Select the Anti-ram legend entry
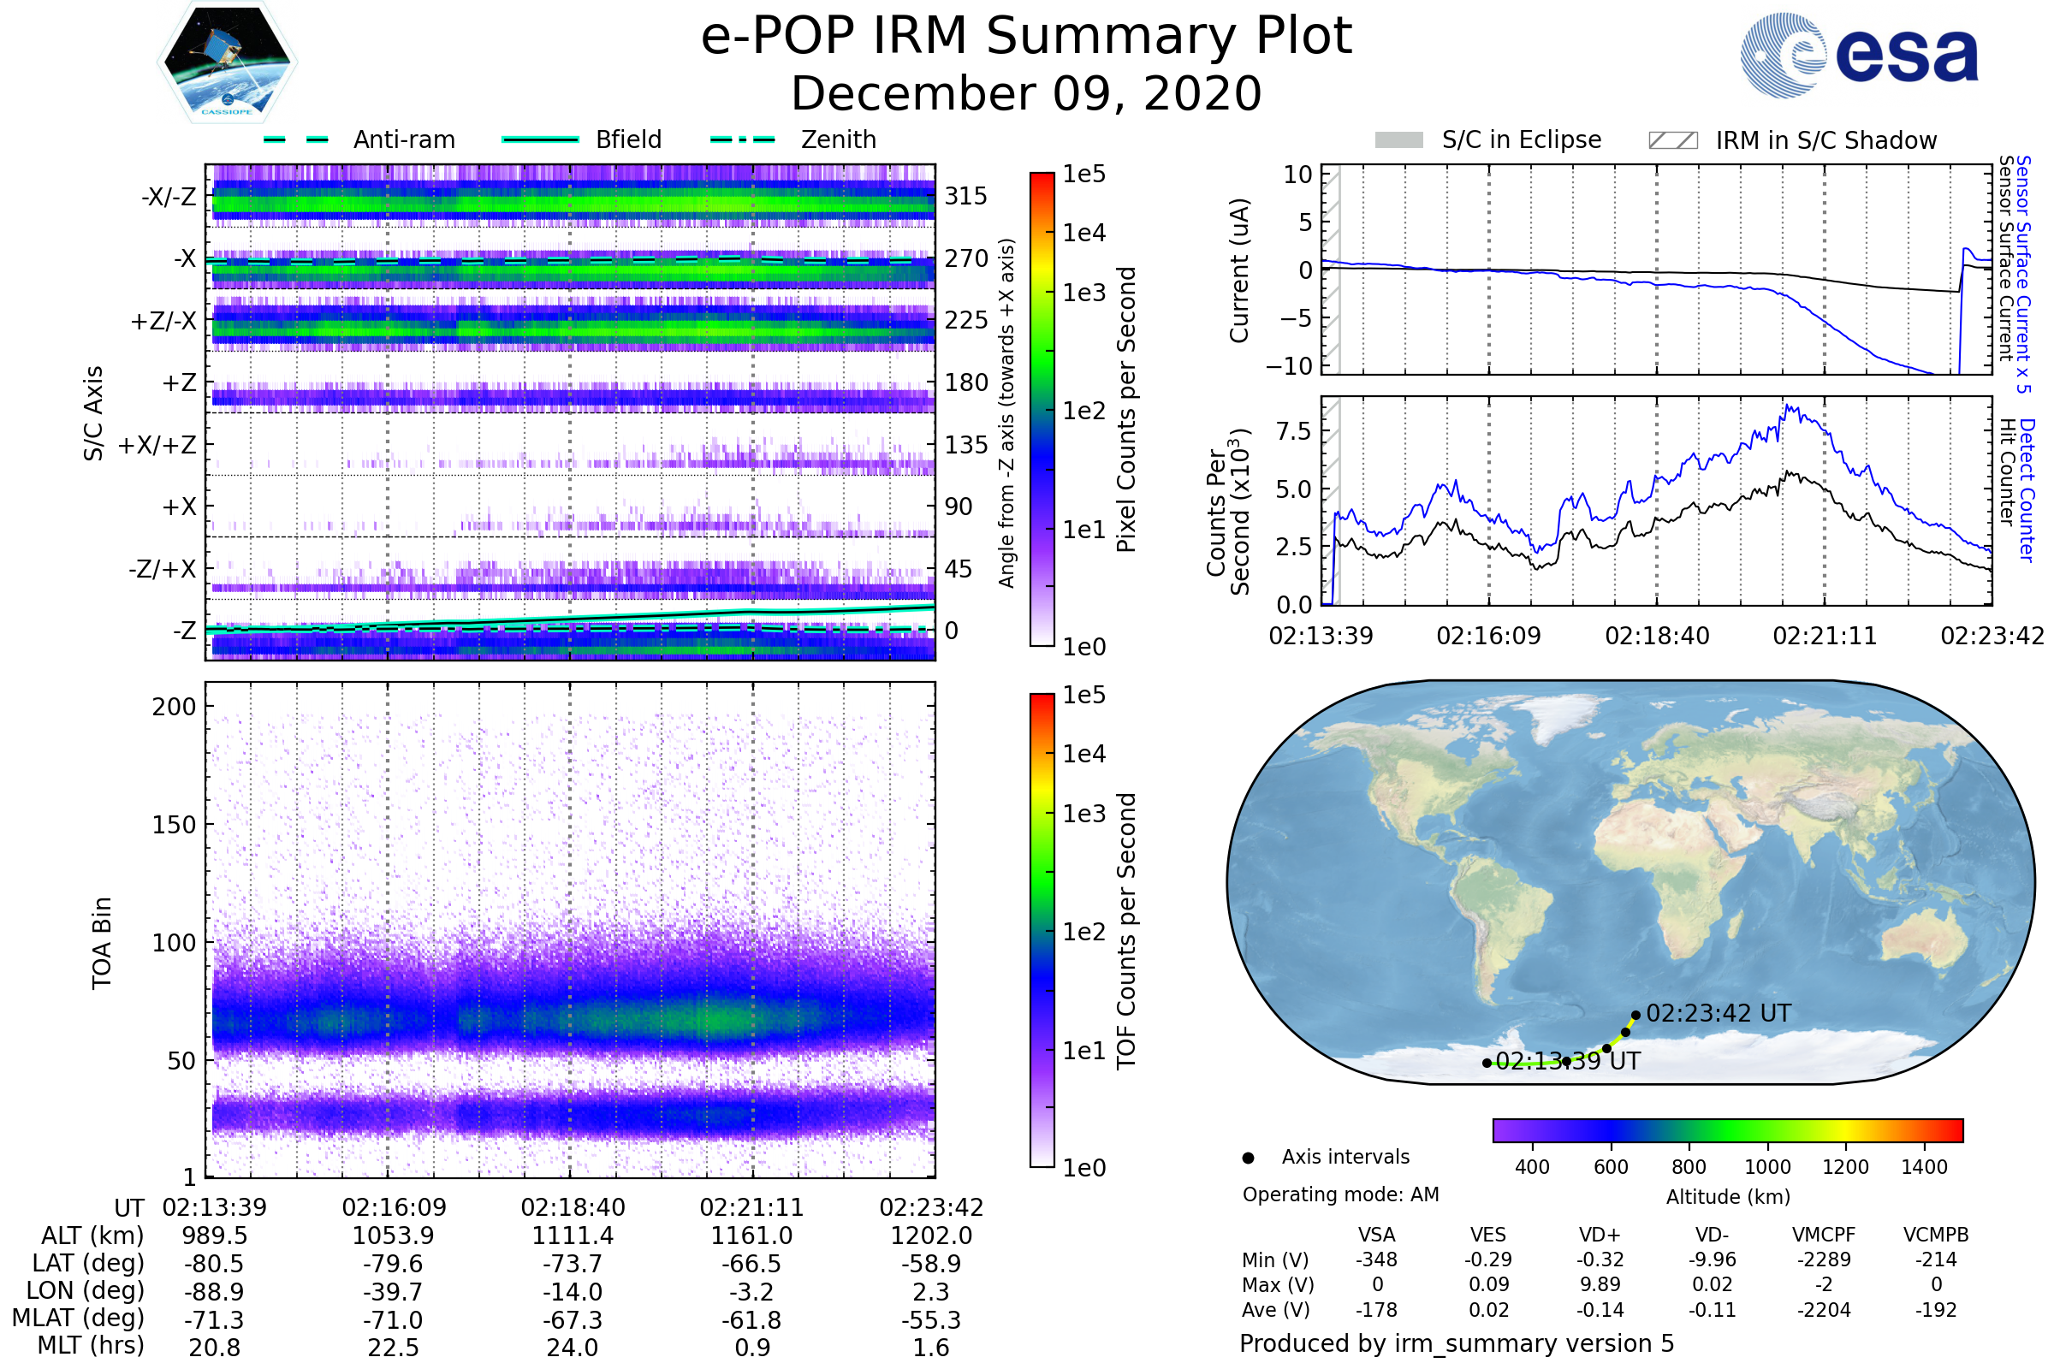pyautogui.click(x=403, y=139)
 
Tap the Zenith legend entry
pyautogui.click(x=838, y=139)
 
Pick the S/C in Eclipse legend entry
pyautogui.click(x=1521, y=139)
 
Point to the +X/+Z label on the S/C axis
pyautogui.click(x=157, y=445)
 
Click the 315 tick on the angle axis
pyautogui.click(x=965, y=196)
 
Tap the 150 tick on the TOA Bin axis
pyautogui.click(x=174, y=825)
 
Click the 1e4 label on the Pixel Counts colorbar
pyautogui.click(x=1083, y=233)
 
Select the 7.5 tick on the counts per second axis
pyautogui.click(x=1293, y=431)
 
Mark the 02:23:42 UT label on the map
pyautogui.click(x=1718, y=1014)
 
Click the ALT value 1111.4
pyautogui.click(x=572, y=1236)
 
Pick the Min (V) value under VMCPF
pyautogui.click(x=1824, y=1259)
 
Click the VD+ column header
pyautogui.click(x=1599, y=1236)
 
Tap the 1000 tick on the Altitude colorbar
pyautogui.click(x=1766, y=1167)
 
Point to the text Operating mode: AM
pyautogui.click(x=1339, y=1194)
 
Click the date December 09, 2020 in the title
pyautogui.click(x=1026, y=94)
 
